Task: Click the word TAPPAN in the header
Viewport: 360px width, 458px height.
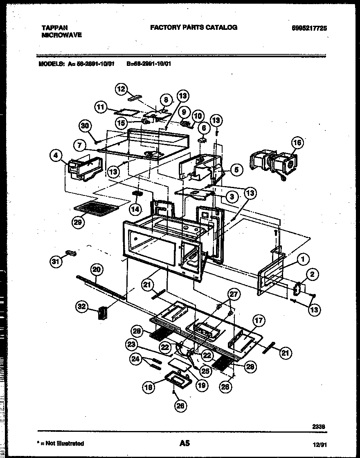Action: pos(55,28)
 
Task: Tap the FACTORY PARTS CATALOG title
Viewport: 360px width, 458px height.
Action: pos(193,27)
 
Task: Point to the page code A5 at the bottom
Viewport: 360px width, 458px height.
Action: pos(184,443)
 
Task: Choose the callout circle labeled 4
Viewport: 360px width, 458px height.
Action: pos(56,155)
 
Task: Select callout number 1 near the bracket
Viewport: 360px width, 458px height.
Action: pos(303,258)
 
